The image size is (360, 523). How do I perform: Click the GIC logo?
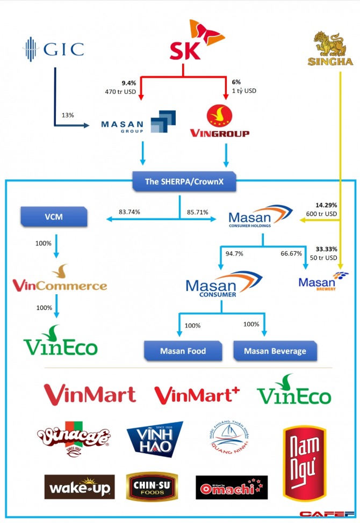pos(53,49)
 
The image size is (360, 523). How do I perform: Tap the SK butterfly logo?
pos(186,40)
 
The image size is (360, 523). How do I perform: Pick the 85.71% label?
pos(198,212)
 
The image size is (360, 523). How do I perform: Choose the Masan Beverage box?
pos(275,351)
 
